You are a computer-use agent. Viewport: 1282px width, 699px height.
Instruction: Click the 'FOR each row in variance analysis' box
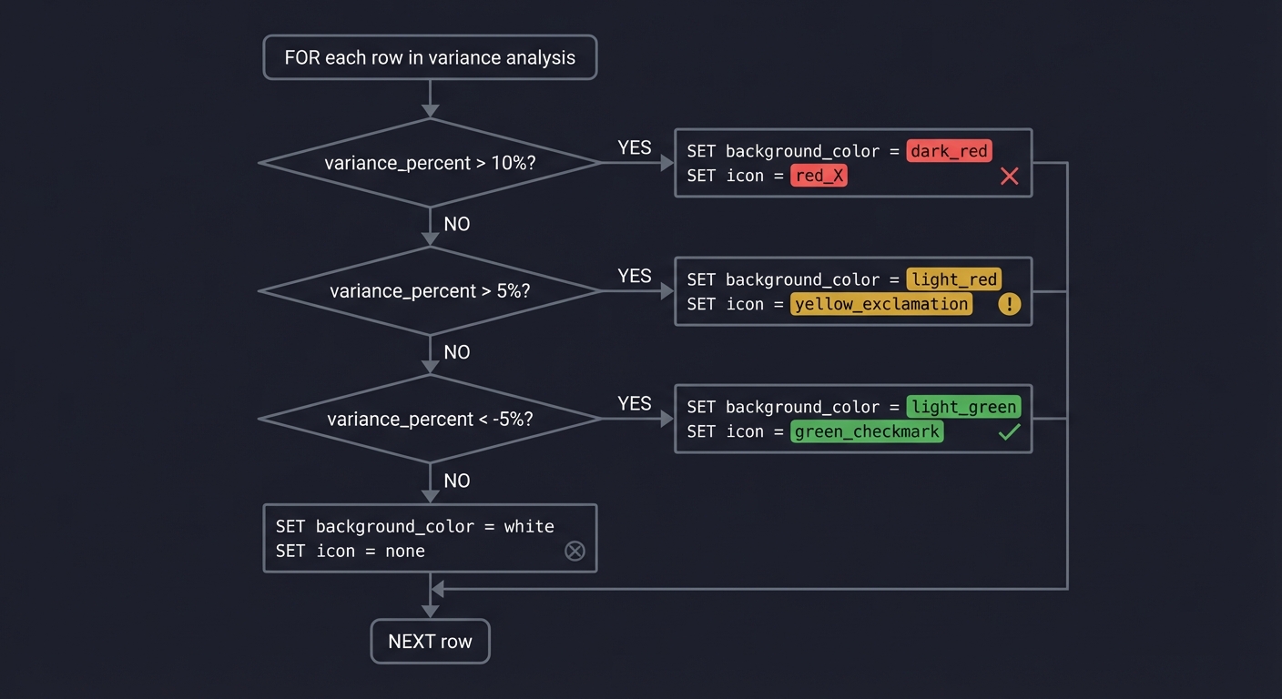(430, 57)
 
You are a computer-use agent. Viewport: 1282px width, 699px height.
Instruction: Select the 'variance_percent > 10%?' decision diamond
(430, 163)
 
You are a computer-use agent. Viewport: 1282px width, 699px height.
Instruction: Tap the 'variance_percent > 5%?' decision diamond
(430, 291)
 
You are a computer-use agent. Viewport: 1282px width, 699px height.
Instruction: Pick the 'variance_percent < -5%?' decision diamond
(430, 420)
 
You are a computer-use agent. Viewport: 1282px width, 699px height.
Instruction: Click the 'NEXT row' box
(430, 642)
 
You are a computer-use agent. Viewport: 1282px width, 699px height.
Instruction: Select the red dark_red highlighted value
(949, 151)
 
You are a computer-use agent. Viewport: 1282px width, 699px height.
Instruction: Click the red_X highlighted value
(819, 176)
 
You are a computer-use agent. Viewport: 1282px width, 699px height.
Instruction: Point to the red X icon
(1009, 177)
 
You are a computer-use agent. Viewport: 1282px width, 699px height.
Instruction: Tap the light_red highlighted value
(954, 279)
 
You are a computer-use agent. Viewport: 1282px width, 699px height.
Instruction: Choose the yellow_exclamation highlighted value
(881, 304)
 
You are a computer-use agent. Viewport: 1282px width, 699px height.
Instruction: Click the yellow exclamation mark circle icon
(1009, 304)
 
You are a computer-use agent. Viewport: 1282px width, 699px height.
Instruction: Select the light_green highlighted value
(964, 407)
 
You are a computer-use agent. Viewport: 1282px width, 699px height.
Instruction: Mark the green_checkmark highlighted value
(867, 431)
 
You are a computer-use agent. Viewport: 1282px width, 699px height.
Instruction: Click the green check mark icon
(1009, 432)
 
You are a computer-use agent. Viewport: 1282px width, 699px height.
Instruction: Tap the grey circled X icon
(575, 551)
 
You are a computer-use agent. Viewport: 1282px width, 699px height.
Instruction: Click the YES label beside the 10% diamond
(635, 147)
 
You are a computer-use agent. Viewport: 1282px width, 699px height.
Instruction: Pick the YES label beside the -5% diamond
(635, 403)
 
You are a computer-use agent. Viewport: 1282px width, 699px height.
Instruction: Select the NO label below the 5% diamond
(457, 352)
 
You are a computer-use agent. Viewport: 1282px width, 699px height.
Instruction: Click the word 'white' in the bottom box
(529, 526)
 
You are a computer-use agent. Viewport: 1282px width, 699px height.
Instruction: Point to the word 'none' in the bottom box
(404, 551)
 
